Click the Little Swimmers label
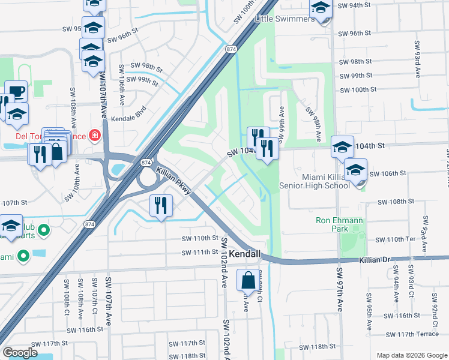click(x=284, y=19)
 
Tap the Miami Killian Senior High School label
click(x=314, y=179)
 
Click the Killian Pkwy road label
click(x=173, y=181)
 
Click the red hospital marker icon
click(x=94, y=136)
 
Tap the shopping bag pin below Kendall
click(x=248, y=280)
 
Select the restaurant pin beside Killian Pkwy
click(x=160, y=206)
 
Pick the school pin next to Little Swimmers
click(x=321, y=8)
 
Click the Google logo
click(x=20, y=353)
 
